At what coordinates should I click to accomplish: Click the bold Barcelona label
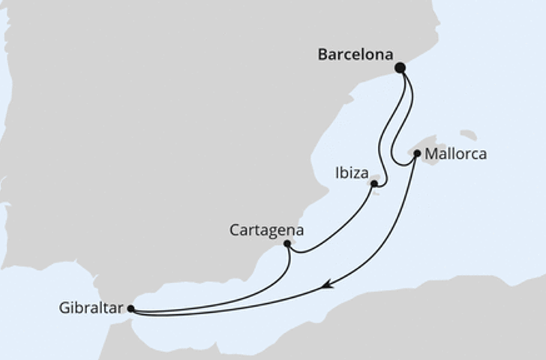click(355, 55)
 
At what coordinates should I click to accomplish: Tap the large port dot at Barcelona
click(400, 67)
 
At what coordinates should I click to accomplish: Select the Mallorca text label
click(455, 154)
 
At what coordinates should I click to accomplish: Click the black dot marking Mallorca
click(417, 153)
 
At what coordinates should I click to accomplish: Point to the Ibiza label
click(351, 174)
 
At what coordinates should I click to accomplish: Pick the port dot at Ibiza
click(373, 183)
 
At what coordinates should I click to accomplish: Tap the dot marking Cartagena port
click(287, 243)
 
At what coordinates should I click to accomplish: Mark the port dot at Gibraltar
click(130, 308)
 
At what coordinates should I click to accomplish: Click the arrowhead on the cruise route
click(326, 285)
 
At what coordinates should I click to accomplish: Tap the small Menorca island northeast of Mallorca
click(468, 136)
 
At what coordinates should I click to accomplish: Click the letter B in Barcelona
click(323, 55)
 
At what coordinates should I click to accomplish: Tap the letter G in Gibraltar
click(63, 307)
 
